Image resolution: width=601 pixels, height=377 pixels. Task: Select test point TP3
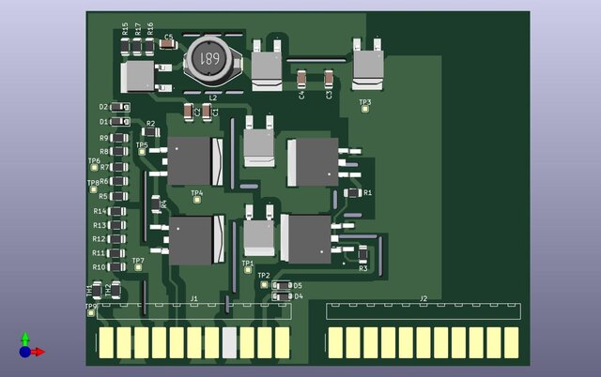tap(365, 111)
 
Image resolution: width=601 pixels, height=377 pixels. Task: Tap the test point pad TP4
tap(196, 201)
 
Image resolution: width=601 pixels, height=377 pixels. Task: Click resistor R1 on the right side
tap(352, 192)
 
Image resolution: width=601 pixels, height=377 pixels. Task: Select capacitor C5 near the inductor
tap(169, 47)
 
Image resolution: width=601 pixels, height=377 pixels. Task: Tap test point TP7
tap(139, 267)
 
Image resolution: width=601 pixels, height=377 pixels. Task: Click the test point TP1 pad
tap(248, 271)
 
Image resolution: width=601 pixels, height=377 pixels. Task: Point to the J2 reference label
tap(424, 298)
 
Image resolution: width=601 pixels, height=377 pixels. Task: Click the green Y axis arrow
tap(25, 337)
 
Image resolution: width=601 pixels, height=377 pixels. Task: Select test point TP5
tap(143, 152)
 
